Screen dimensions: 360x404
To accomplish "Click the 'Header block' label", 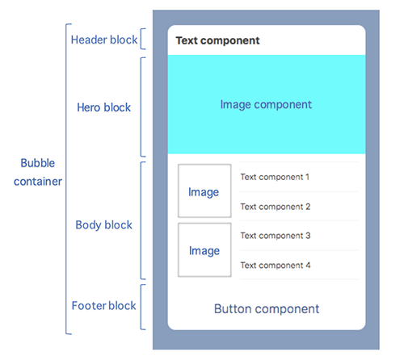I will click(x=103, y=40).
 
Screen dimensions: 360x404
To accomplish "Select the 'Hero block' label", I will click(x=103, y=107).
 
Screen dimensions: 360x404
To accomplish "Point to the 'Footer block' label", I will click(x=103, y=306).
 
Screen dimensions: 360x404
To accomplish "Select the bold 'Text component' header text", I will click(x=217, y=40).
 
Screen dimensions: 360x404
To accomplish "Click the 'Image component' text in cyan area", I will click(x=266, y=105).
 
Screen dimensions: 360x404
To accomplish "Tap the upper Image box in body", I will click(x=204, y=192).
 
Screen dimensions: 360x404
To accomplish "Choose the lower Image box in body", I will click(x=204, y=250).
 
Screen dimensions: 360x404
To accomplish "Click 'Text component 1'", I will click(x=275, y=177).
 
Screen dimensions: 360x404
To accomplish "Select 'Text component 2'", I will click(x=275, y=207).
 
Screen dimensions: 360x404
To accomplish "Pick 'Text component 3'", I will click(x=275, y=236).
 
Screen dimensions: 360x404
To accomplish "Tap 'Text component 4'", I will click(x=275, y=265).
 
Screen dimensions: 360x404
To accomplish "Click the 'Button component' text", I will click(x=266, y=308).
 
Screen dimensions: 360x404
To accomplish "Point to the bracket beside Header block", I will click(x=142, y=40).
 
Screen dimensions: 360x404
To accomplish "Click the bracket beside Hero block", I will click(x=142, y=107).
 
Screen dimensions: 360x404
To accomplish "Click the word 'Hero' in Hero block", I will click(x=89, y=107).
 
